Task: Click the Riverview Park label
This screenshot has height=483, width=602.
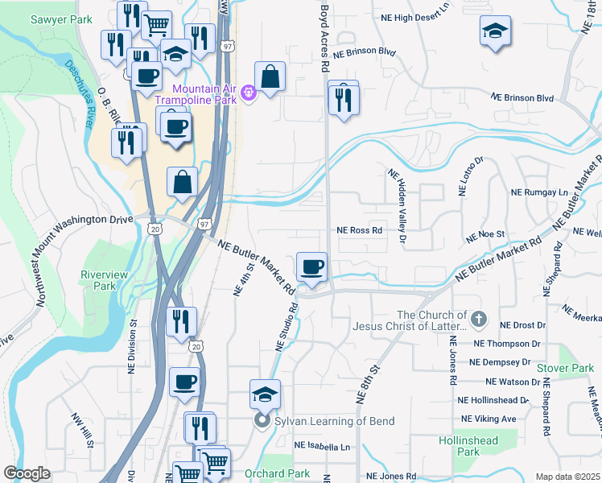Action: [x=104, y=280]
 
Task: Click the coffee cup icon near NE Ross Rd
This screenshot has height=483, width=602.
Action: [x=311, y=266]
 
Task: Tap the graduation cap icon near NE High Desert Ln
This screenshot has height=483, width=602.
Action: [x=495, y=32]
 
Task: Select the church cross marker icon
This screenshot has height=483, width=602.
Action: [x=479, y=320]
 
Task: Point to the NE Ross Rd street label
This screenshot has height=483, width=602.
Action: [x=359, y=230]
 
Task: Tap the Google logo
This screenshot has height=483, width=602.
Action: [x=27, y=473]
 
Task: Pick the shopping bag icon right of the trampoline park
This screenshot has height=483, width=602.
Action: [x=270, y=77]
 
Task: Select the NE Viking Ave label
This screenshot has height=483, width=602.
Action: [x=489, y=419]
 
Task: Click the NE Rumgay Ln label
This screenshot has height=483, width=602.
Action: [x=539, y=193]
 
